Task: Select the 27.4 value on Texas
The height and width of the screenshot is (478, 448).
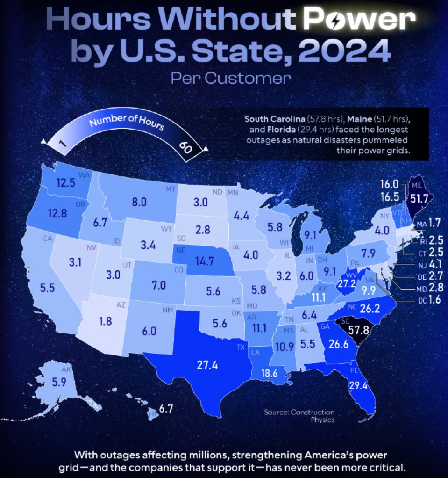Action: [207, 365]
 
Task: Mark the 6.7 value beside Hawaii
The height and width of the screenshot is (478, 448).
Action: [166, 408]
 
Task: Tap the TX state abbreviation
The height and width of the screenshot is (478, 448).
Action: [241, 348]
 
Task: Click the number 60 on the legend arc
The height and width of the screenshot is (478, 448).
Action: [186, 146]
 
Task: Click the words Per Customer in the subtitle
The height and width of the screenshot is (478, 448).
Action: [230, 78]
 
